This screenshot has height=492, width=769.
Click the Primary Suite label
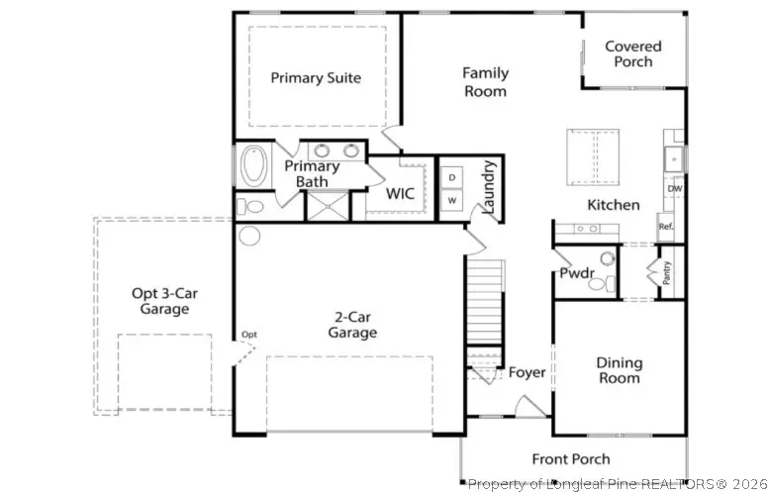tap(316, 78)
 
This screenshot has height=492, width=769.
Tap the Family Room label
tap(486, 82)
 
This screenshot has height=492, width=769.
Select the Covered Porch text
tap(633, 54)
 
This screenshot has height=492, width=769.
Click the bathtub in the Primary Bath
tap(254, 165)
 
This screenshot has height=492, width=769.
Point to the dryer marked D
tap(451, 177)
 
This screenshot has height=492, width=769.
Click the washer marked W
tap(451, 200)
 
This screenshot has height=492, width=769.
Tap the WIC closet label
tap(400, 194)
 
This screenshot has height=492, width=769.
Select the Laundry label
tap(490, 187)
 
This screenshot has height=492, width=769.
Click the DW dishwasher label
tap(675, 188)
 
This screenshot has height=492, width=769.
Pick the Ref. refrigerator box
tap(666, 227)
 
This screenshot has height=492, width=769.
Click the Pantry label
tap(666, 273)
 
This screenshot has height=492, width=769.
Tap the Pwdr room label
tap(577, 273)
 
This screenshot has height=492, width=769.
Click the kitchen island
tap(593, 157)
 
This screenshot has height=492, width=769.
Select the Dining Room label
tap(620, 370)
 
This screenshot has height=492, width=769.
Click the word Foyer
tap(527, 372)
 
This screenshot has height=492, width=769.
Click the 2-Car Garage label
tap(352, 326)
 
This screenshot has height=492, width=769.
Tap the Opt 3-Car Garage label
tap(164, 301)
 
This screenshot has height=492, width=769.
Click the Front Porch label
tap(571, 459)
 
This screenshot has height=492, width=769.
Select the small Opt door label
tap(249, 335)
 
